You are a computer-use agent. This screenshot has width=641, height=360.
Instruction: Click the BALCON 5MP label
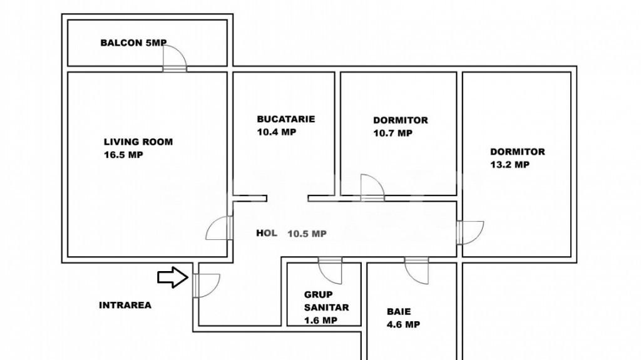133,43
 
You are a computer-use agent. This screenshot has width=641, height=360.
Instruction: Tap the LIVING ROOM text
138,142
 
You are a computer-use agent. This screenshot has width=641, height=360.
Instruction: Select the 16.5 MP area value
123,155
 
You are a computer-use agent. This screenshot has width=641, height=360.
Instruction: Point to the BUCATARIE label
285,119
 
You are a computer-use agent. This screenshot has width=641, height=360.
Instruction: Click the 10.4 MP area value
276,131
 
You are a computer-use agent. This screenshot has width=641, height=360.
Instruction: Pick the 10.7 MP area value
392,133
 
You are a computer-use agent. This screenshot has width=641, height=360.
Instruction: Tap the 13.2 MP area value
510,165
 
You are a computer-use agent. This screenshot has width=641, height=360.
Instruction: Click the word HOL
267,233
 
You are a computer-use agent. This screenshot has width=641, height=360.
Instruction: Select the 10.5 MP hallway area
307,234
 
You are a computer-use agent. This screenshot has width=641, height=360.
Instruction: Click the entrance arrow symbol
173,277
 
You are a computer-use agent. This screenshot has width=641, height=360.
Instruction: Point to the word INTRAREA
125,305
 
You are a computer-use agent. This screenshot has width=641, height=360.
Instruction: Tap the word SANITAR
326,307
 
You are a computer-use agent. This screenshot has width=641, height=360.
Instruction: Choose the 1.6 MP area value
320,321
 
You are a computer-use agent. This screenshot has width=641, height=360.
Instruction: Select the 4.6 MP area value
403,324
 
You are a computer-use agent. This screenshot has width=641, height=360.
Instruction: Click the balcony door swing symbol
175,58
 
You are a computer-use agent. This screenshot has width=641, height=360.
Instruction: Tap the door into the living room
220,228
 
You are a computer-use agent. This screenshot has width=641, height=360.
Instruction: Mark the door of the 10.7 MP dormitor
372,187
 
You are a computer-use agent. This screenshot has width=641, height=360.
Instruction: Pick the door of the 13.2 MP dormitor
470,233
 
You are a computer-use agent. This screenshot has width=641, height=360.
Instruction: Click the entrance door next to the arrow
207,285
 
